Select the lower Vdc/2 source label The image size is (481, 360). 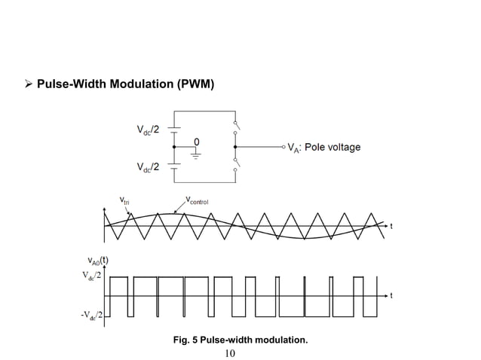(x=148, y=166)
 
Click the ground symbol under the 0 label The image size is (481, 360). (x=197, y=155)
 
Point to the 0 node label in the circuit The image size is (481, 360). (x=197, y=141)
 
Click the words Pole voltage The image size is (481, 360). (x=332, y=147)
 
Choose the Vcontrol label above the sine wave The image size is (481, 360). (x=197, y=200)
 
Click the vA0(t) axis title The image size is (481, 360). (x=95, y=262)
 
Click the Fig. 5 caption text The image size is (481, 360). (x=240, y=340)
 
